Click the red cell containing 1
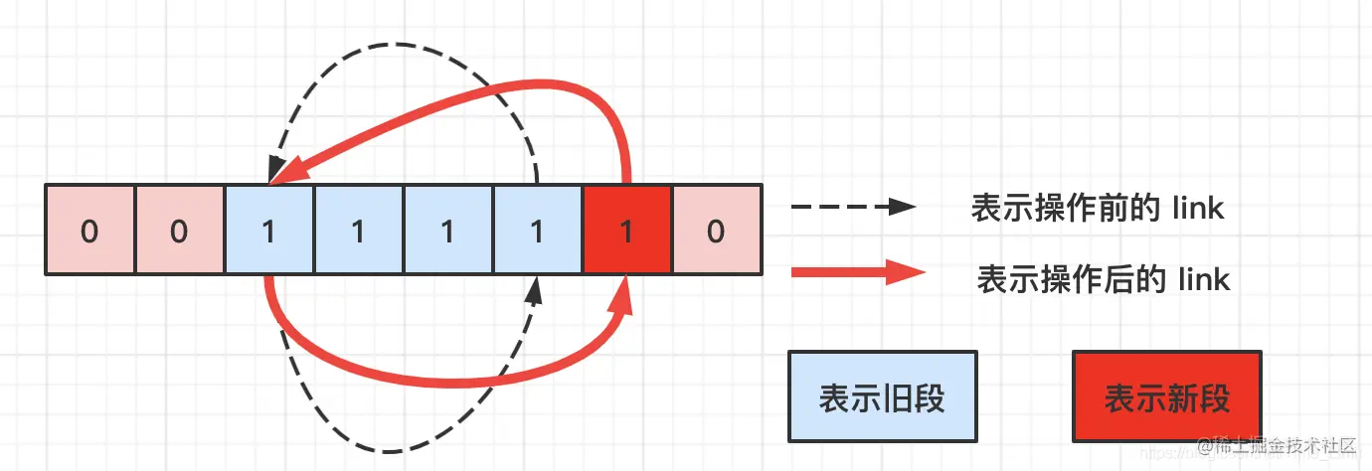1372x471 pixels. (626, 230)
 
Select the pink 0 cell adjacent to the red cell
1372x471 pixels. (716, 230)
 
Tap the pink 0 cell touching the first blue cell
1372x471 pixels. (179, 230)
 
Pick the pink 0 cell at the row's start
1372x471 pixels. (89, 230)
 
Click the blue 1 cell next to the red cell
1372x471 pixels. (537, 230)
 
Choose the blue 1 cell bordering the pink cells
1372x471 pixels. (268, 230)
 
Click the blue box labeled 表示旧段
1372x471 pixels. (881, 396)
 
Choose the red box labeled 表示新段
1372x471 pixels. (1166, 396)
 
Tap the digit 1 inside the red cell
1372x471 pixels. (626, 231)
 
